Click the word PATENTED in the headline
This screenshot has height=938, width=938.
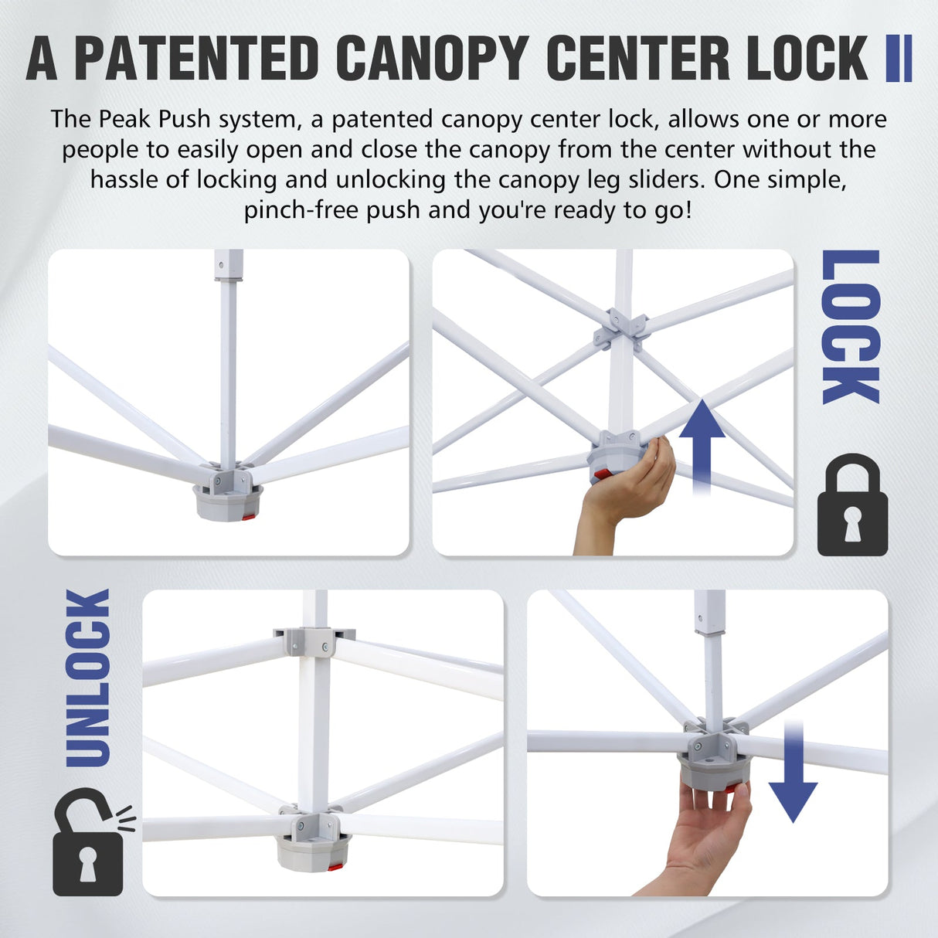click(x=196, y=59)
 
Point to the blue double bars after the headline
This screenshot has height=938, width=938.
click(x=899, y=59)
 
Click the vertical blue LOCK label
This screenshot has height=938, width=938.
click(x=851, y=327)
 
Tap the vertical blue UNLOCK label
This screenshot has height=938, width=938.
click(x=87, y=678)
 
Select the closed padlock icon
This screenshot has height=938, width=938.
click(x=852, y=506)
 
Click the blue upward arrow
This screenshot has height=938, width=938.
click(x=702, y=444)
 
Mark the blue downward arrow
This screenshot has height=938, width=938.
click(x=793, y=773)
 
